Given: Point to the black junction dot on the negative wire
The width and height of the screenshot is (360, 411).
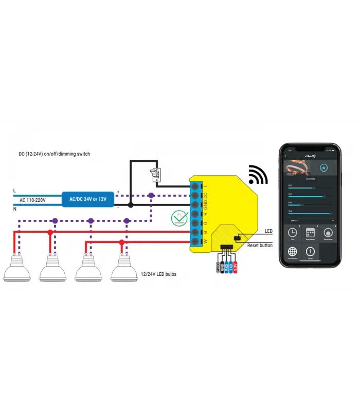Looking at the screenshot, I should pos(131,204).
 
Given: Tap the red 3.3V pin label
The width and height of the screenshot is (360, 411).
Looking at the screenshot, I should pos(236,267).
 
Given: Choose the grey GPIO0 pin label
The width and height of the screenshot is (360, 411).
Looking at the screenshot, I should pos(218,267).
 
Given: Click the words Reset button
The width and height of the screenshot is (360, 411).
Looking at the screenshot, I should pos(260,246).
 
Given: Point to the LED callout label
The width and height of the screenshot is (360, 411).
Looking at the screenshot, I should pos(268,231).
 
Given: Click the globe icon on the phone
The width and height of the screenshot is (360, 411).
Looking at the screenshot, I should pos(293,252).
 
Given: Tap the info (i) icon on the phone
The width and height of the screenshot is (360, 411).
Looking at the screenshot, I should pos(310,252).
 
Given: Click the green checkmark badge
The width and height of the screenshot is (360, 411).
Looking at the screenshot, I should pos(178,218).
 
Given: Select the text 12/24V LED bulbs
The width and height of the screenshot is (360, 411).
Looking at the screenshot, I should pos(158,274).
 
